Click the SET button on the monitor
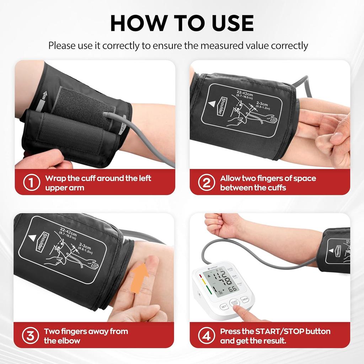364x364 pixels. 224,306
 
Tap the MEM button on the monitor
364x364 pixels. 245,300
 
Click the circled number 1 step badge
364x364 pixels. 31,183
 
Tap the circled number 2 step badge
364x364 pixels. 207,183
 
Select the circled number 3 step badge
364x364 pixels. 30,336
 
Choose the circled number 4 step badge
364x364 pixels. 207,336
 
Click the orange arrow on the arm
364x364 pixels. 139,277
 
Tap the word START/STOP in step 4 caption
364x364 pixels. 279,331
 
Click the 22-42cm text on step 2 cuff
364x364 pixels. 245,93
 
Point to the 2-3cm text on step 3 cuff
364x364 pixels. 86,246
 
